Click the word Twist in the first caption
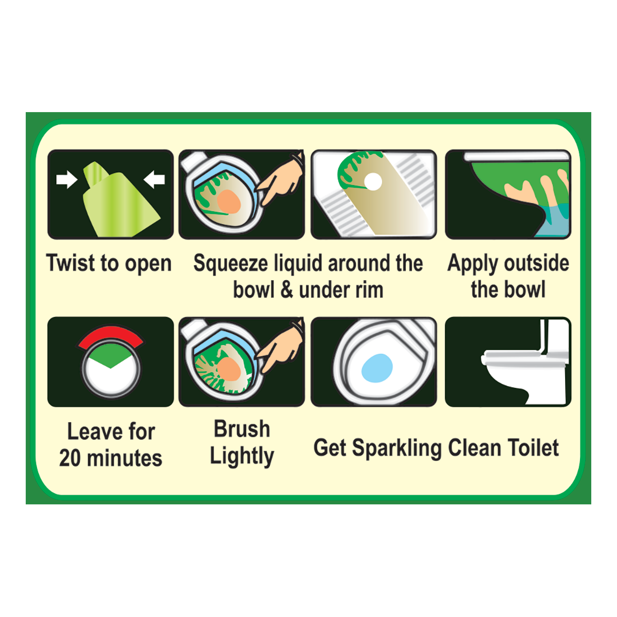(71, 263)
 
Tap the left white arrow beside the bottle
(67, 179)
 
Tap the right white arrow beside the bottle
(154, 179)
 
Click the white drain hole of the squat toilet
(373, 182)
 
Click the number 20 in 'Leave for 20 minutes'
(70, 458)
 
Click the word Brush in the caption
(242, 429)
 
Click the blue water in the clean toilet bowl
(377, 368)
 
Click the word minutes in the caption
(124, 458)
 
